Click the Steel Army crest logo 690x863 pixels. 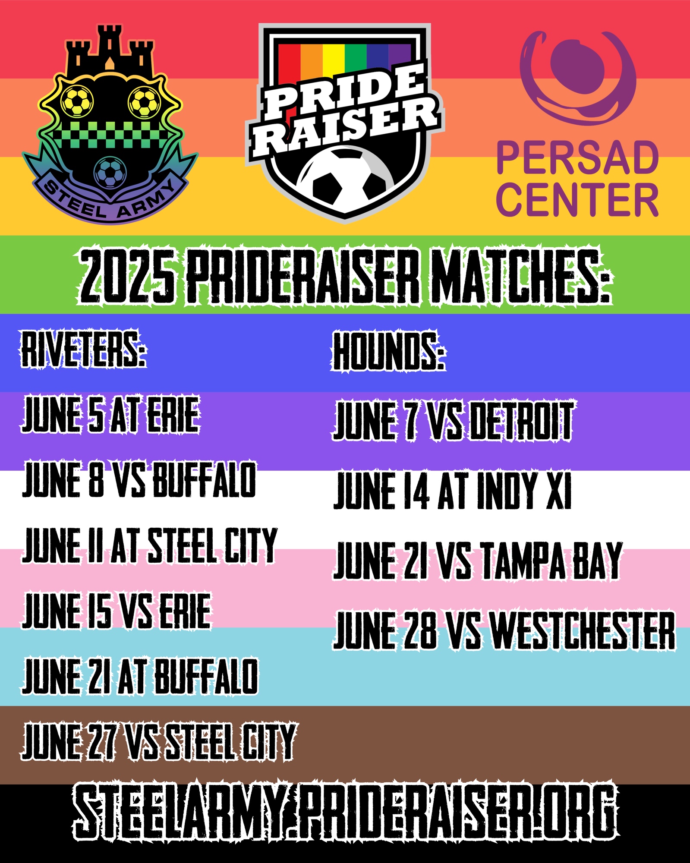[110, 125]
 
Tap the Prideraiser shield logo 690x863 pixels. [345, 123]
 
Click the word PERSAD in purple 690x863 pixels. [577, 158]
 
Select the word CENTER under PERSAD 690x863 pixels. [577, 199]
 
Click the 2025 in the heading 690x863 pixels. [128, 276]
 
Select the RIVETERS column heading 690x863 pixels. [84, 349]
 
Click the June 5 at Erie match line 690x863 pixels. [110, 415]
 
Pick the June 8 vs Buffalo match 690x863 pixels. [139, 479]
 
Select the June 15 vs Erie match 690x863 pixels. [117, 611]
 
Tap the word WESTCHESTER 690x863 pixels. [583, 630]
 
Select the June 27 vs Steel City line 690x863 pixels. [159, 742]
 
